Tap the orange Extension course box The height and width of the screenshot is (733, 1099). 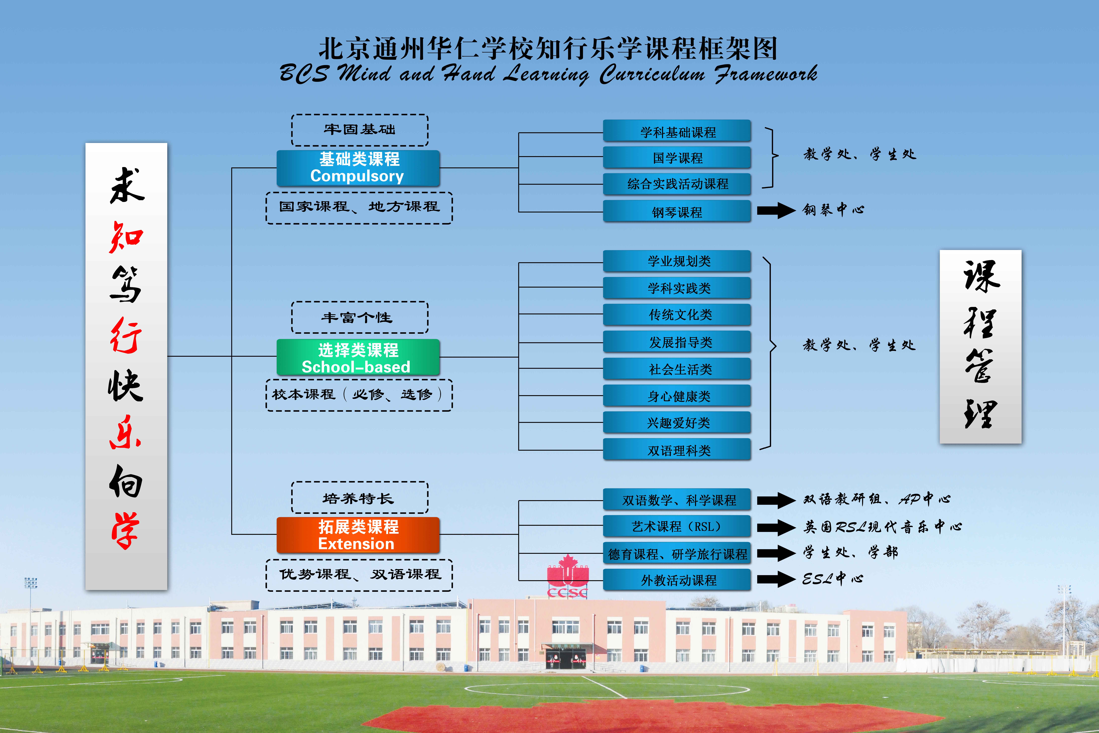click(x=358, y=535)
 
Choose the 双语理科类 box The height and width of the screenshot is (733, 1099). click(x=677, y=450)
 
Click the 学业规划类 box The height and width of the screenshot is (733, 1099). click(x=677, y=261)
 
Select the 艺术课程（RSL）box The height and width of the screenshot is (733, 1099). click(x=677, y=526)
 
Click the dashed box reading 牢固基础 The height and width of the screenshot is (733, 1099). click(x=360, y=130)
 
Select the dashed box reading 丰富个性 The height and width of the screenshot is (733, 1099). click(x=360, y=317)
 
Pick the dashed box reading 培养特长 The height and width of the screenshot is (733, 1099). click(x=360, y=497)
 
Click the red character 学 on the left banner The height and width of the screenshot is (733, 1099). click(x=125, y=531)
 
